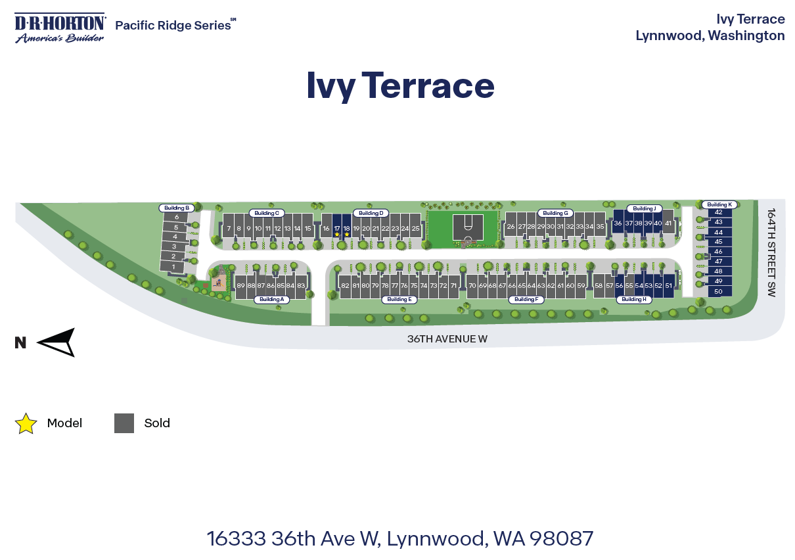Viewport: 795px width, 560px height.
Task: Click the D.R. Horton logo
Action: (60, 28)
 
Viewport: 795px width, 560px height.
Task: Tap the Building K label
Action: (719, 204)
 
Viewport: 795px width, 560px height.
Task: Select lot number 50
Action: (718, 291)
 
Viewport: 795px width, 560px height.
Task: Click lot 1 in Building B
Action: (173, 266)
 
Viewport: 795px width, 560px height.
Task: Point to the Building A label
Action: (271, 299)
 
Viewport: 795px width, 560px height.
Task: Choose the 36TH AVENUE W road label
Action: (447, 339)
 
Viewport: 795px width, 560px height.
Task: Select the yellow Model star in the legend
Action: (26, 423)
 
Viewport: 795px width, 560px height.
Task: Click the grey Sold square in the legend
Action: (124, 423)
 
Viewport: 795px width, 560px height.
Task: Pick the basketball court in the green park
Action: (468, 227)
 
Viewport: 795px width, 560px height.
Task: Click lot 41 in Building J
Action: (668, 223)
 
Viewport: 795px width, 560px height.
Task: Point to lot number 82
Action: (345, 286)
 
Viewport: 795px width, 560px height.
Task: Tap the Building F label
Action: (525, 299)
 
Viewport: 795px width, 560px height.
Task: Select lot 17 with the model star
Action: (337, 227)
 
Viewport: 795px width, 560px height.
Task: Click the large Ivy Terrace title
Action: (400, 86)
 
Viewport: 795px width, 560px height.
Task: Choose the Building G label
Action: (555, 213)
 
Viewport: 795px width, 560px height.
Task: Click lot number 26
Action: (511, 227)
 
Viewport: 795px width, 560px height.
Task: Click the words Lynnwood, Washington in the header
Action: (710, 35)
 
